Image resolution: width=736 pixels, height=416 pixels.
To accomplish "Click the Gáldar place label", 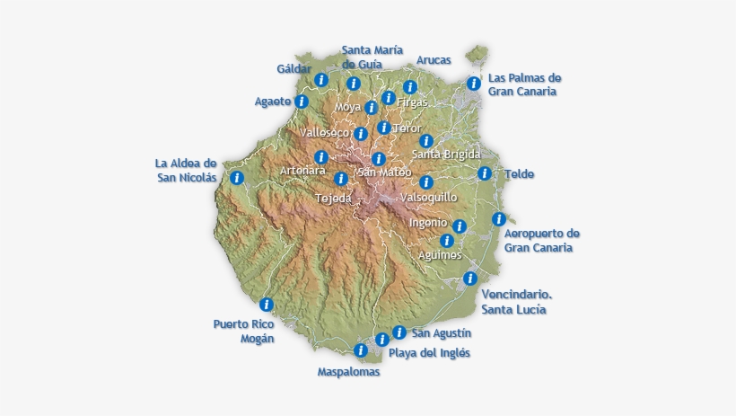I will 294,69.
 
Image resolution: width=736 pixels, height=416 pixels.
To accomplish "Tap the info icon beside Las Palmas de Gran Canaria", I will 474,84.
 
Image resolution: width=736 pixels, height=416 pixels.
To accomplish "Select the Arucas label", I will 434,60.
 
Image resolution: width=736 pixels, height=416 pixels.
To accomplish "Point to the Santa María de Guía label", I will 372,57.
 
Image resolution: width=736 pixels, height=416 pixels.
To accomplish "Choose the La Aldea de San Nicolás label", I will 186,170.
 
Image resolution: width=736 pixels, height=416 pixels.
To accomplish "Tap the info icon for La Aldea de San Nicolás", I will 237,177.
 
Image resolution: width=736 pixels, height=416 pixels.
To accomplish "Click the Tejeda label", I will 334,198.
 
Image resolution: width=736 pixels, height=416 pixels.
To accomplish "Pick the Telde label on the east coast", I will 519,174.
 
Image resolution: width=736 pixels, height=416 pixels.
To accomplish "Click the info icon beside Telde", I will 485,173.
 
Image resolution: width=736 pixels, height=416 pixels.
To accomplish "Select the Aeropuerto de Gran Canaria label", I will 542,240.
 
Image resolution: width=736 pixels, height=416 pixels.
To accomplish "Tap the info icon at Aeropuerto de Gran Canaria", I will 499,218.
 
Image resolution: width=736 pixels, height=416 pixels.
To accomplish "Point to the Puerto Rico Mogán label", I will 243,331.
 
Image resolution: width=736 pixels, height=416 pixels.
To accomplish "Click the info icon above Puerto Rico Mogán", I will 266,305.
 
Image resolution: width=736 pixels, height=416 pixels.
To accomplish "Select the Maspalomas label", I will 349,371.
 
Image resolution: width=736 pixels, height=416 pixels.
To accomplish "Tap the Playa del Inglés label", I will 429,353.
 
